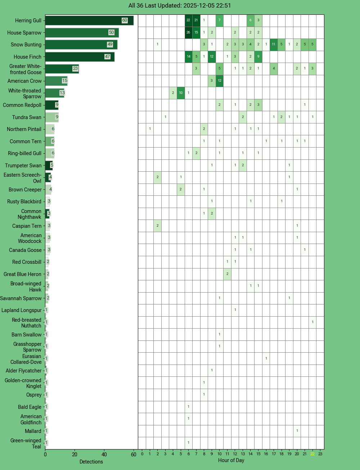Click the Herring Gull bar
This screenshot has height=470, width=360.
[89, 21]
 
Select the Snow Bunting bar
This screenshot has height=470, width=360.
[81, 45]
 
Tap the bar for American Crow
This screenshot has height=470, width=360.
[56, 81]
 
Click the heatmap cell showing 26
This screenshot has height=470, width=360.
[188, 32]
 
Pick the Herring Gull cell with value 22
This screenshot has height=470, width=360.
[188, 21]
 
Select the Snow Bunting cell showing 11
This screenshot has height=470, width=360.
[274, 45]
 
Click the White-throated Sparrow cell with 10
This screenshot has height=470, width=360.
[181, 93]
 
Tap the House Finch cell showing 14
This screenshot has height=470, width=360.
[188, 57]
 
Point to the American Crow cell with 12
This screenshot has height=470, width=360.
[220, 81]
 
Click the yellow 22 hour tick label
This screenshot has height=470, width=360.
[312, 454]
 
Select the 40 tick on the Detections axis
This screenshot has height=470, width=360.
[104, 455]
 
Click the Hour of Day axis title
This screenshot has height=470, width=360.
[231, 460]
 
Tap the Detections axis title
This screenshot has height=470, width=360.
[91, 462]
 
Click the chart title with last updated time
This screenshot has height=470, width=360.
[180, 5]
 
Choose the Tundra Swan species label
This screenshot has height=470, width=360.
[27, 117]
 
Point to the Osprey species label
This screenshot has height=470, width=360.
[34, 395]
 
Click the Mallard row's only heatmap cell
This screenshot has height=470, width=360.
[297, 431]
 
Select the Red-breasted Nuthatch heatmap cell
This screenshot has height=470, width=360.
[312, 322]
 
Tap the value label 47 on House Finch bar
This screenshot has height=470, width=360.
[107, 57]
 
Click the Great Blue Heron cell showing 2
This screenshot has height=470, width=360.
[227, 274]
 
